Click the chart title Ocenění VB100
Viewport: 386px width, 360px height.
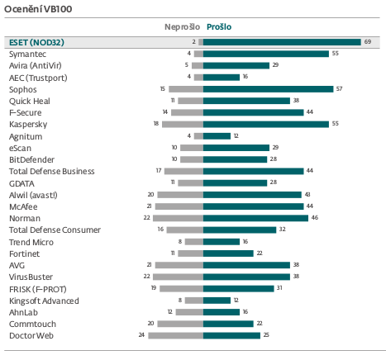38,9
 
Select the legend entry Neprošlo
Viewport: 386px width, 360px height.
182,27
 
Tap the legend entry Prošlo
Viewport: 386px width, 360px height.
219,27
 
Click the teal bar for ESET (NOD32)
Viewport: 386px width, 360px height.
282,42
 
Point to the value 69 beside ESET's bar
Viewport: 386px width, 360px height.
368,42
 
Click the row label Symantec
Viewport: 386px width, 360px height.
27,54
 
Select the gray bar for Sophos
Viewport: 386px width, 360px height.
186,89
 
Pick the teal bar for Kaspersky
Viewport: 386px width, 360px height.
266,124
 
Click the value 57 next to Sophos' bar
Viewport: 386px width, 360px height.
339,88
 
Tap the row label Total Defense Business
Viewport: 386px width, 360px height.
52,171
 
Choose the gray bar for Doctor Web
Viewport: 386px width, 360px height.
176,335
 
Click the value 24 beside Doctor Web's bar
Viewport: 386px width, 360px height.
141,335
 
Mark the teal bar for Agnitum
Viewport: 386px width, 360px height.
217,136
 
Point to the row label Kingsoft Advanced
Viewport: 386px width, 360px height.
44,301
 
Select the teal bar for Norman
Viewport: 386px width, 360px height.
255,218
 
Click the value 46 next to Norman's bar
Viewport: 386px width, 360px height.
315,218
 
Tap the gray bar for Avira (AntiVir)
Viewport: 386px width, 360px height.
198,65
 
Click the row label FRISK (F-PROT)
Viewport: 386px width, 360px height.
38,289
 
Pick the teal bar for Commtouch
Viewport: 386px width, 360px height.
228,324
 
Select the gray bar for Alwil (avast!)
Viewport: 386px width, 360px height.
180,195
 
